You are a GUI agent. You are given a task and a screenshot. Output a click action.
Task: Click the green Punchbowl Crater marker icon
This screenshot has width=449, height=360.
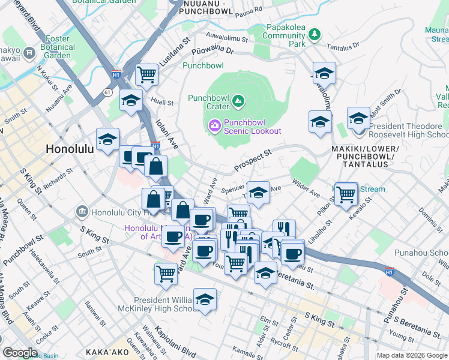[238, 100]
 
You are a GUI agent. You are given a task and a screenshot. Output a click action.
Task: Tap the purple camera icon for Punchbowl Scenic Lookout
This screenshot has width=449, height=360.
[214, 125]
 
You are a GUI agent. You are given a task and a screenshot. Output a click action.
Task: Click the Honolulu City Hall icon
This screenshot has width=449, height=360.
[82, 212]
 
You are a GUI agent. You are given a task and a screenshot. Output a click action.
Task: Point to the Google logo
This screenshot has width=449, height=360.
[20, 353]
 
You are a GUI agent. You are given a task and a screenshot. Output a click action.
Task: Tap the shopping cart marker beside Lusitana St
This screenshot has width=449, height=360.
[146, 75]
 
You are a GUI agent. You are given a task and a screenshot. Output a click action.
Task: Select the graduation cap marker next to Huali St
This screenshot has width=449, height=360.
[130, 101]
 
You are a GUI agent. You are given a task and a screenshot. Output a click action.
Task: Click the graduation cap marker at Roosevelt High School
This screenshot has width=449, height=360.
[358, 117]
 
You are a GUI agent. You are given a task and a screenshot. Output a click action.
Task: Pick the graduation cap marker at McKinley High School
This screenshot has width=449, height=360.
[205, 299]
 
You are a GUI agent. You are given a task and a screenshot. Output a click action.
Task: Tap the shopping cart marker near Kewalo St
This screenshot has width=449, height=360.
[346, 193]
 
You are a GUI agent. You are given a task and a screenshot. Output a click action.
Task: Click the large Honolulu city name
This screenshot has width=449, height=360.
[70, 149]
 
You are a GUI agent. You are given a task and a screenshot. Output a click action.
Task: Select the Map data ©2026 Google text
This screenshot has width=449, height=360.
[412, 355]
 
